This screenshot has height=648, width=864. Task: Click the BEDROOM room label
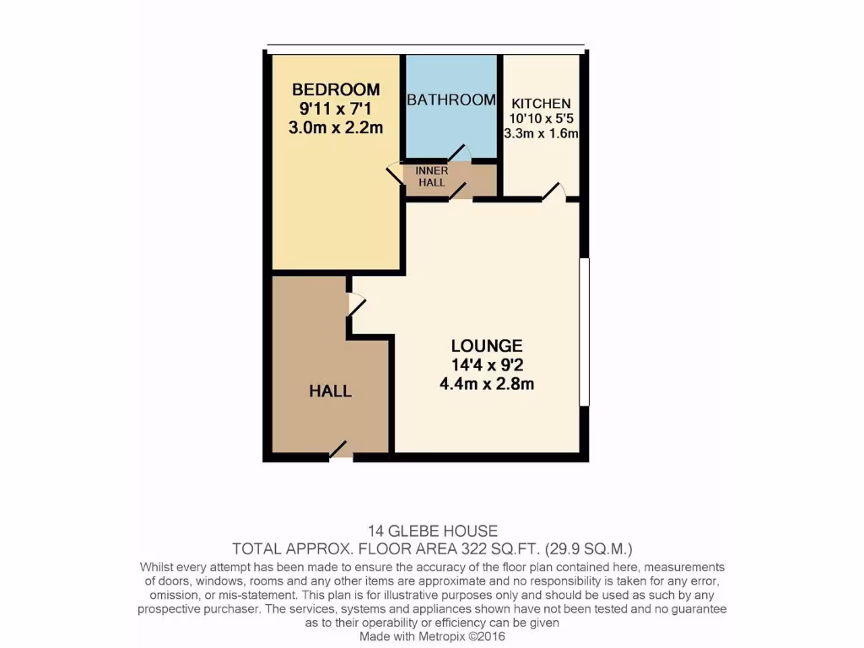(336, 89)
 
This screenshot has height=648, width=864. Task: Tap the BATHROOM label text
(451, 100)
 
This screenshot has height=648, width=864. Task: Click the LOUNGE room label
(487, 346)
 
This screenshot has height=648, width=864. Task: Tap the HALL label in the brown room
(330, 391)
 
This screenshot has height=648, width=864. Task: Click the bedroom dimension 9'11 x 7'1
(336, 109)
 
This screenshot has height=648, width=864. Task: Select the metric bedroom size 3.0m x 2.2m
(336, 128)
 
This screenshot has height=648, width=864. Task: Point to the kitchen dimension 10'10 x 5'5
(540, 119)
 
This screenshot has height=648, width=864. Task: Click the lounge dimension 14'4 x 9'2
(487, 365)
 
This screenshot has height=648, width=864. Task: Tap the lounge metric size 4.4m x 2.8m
(487, 385)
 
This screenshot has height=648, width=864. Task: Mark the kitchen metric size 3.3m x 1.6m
(540, 134)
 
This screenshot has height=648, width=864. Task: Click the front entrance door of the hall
(339, 451)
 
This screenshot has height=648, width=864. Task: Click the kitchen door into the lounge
(553, 192)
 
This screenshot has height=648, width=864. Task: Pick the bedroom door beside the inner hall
(395, 175)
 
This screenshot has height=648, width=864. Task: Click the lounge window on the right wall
(584, 332)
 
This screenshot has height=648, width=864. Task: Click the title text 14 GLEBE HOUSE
(432, 532)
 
